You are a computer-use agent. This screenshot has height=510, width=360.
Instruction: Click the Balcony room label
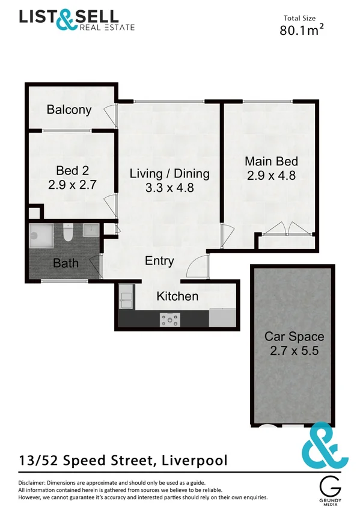(69, 110)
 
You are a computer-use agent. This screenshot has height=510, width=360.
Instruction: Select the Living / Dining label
(169, 174)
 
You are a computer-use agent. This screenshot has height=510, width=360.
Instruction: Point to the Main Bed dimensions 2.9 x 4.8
(272, 176)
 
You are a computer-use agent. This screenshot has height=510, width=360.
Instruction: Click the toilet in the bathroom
(68, 232)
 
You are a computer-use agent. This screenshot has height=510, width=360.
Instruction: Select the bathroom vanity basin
(91, 231)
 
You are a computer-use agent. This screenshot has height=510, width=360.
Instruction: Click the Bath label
(66, 263)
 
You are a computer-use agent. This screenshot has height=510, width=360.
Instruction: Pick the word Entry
(159, 261)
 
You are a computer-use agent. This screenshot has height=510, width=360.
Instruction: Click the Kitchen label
(177, 296)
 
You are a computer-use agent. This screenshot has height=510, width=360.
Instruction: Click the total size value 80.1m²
(302, 31)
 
